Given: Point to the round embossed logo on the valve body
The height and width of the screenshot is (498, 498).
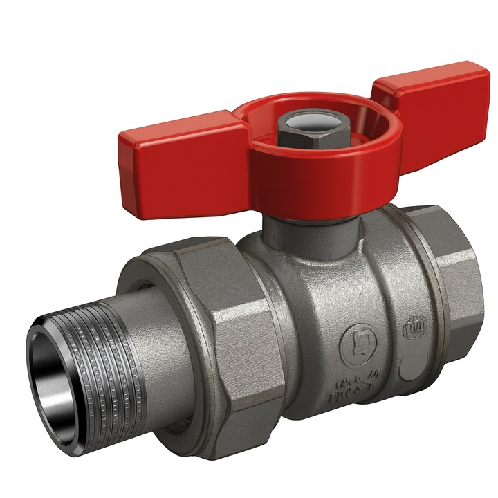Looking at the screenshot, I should pyautogui.click(x=356, y=341).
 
